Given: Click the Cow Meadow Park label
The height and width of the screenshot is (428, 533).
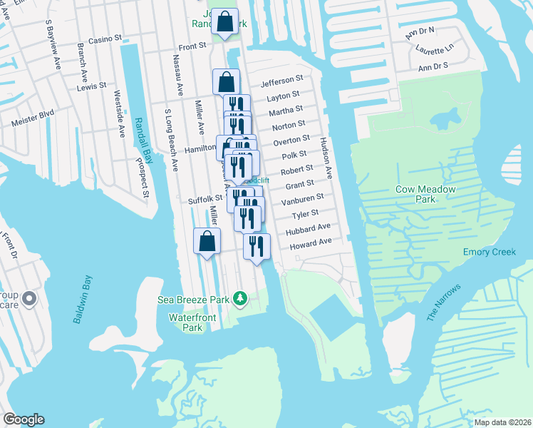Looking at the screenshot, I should click(x=425, y=195).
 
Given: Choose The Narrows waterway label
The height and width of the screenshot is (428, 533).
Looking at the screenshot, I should click(x=444, y=302).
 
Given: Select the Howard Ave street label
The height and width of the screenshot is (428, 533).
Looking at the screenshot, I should click(x=310, y=243).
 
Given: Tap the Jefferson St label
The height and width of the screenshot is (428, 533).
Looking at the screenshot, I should click(x=281, y=78).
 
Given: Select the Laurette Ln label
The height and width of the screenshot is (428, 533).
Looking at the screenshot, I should click(x=437, y=51).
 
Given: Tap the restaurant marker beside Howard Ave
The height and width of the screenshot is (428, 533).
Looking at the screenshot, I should click(x=256, y=246).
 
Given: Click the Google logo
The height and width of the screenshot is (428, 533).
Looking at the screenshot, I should click(x=24, y=419).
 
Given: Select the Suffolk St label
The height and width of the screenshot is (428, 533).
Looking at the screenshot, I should click(x=205, y=200).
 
